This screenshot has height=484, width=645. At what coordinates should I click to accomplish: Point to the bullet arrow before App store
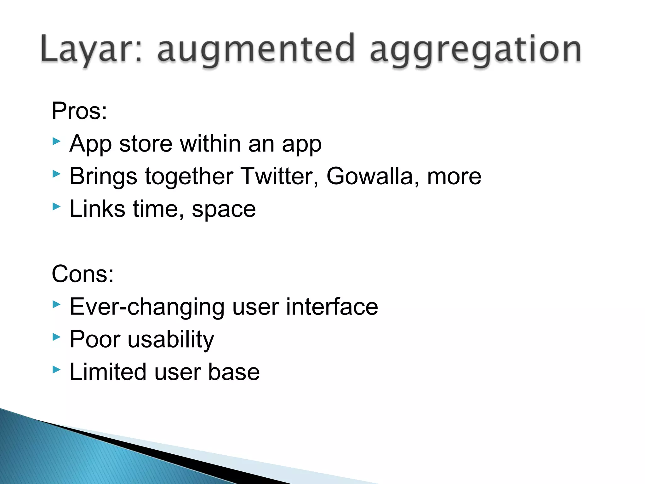point(56,141)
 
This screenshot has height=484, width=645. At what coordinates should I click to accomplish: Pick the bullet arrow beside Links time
point(56,207)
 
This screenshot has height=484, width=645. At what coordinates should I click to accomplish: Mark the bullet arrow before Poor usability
point(56,337)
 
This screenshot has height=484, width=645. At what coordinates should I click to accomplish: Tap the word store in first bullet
point(146,144)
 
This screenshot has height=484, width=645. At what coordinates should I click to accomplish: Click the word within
point(210,144)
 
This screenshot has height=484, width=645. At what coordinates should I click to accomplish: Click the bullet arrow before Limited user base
point(56,369)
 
